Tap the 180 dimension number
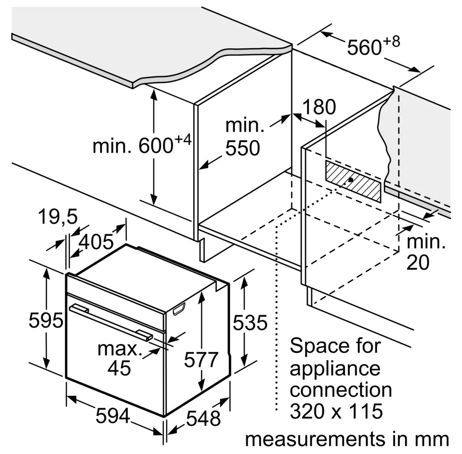tap(319, 107)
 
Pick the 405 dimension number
tap(96, 242)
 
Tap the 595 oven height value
tap(46, 320)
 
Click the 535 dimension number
tap(250, 322)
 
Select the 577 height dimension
tap(201, 360)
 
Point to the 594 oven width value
tap(113, 416)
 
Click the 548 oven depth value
tap(204, 418)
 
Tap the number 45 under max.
tap(119, 368)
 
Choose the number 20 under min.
tap(418, 262)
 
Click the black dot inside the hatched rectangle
tap(351, 179)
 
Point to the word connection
tap(341, 390)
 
